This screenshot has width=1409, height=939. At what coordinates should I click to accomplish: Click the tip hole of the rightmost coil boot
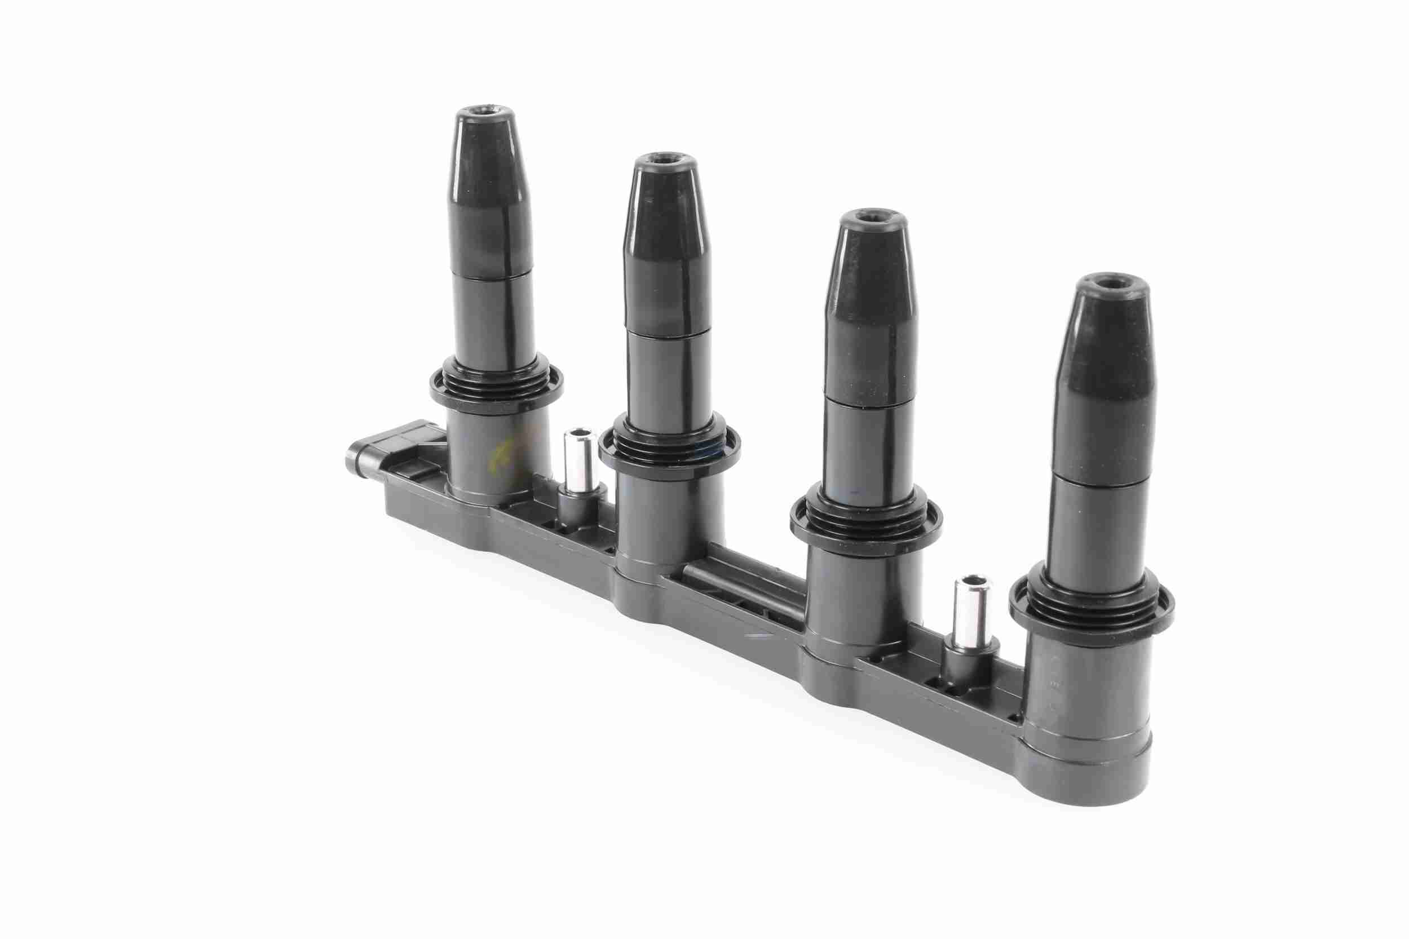[1107, 283]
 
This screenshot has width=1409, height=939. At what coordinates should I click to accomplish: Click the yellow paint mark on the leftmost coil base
[497, 458]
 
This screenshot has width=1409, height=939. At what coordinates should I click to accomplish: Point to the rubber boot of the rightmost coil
[1101, 383]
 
